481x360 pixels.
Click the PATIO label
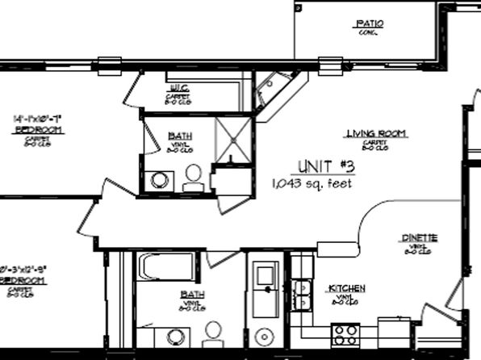point(369,24)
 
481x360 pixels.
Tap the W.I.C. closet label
point(178,87)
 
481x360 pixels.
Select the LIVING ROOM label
point(375,133)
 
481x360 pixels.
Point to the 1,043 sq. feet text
point(312,183)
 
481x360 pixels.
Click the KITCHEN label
point(346,288)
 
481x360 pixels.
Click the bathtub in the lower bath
point(166,266)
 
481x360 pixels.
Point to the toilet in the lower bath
point(213,334)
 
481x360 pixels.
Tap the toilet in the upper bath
point(194,176)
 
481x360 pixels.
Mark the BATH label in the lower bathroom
point(192,295)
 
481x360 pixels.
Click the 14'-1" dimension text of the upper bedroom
point(27,119)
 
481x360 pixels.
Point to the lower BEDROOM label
point(23,280)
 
